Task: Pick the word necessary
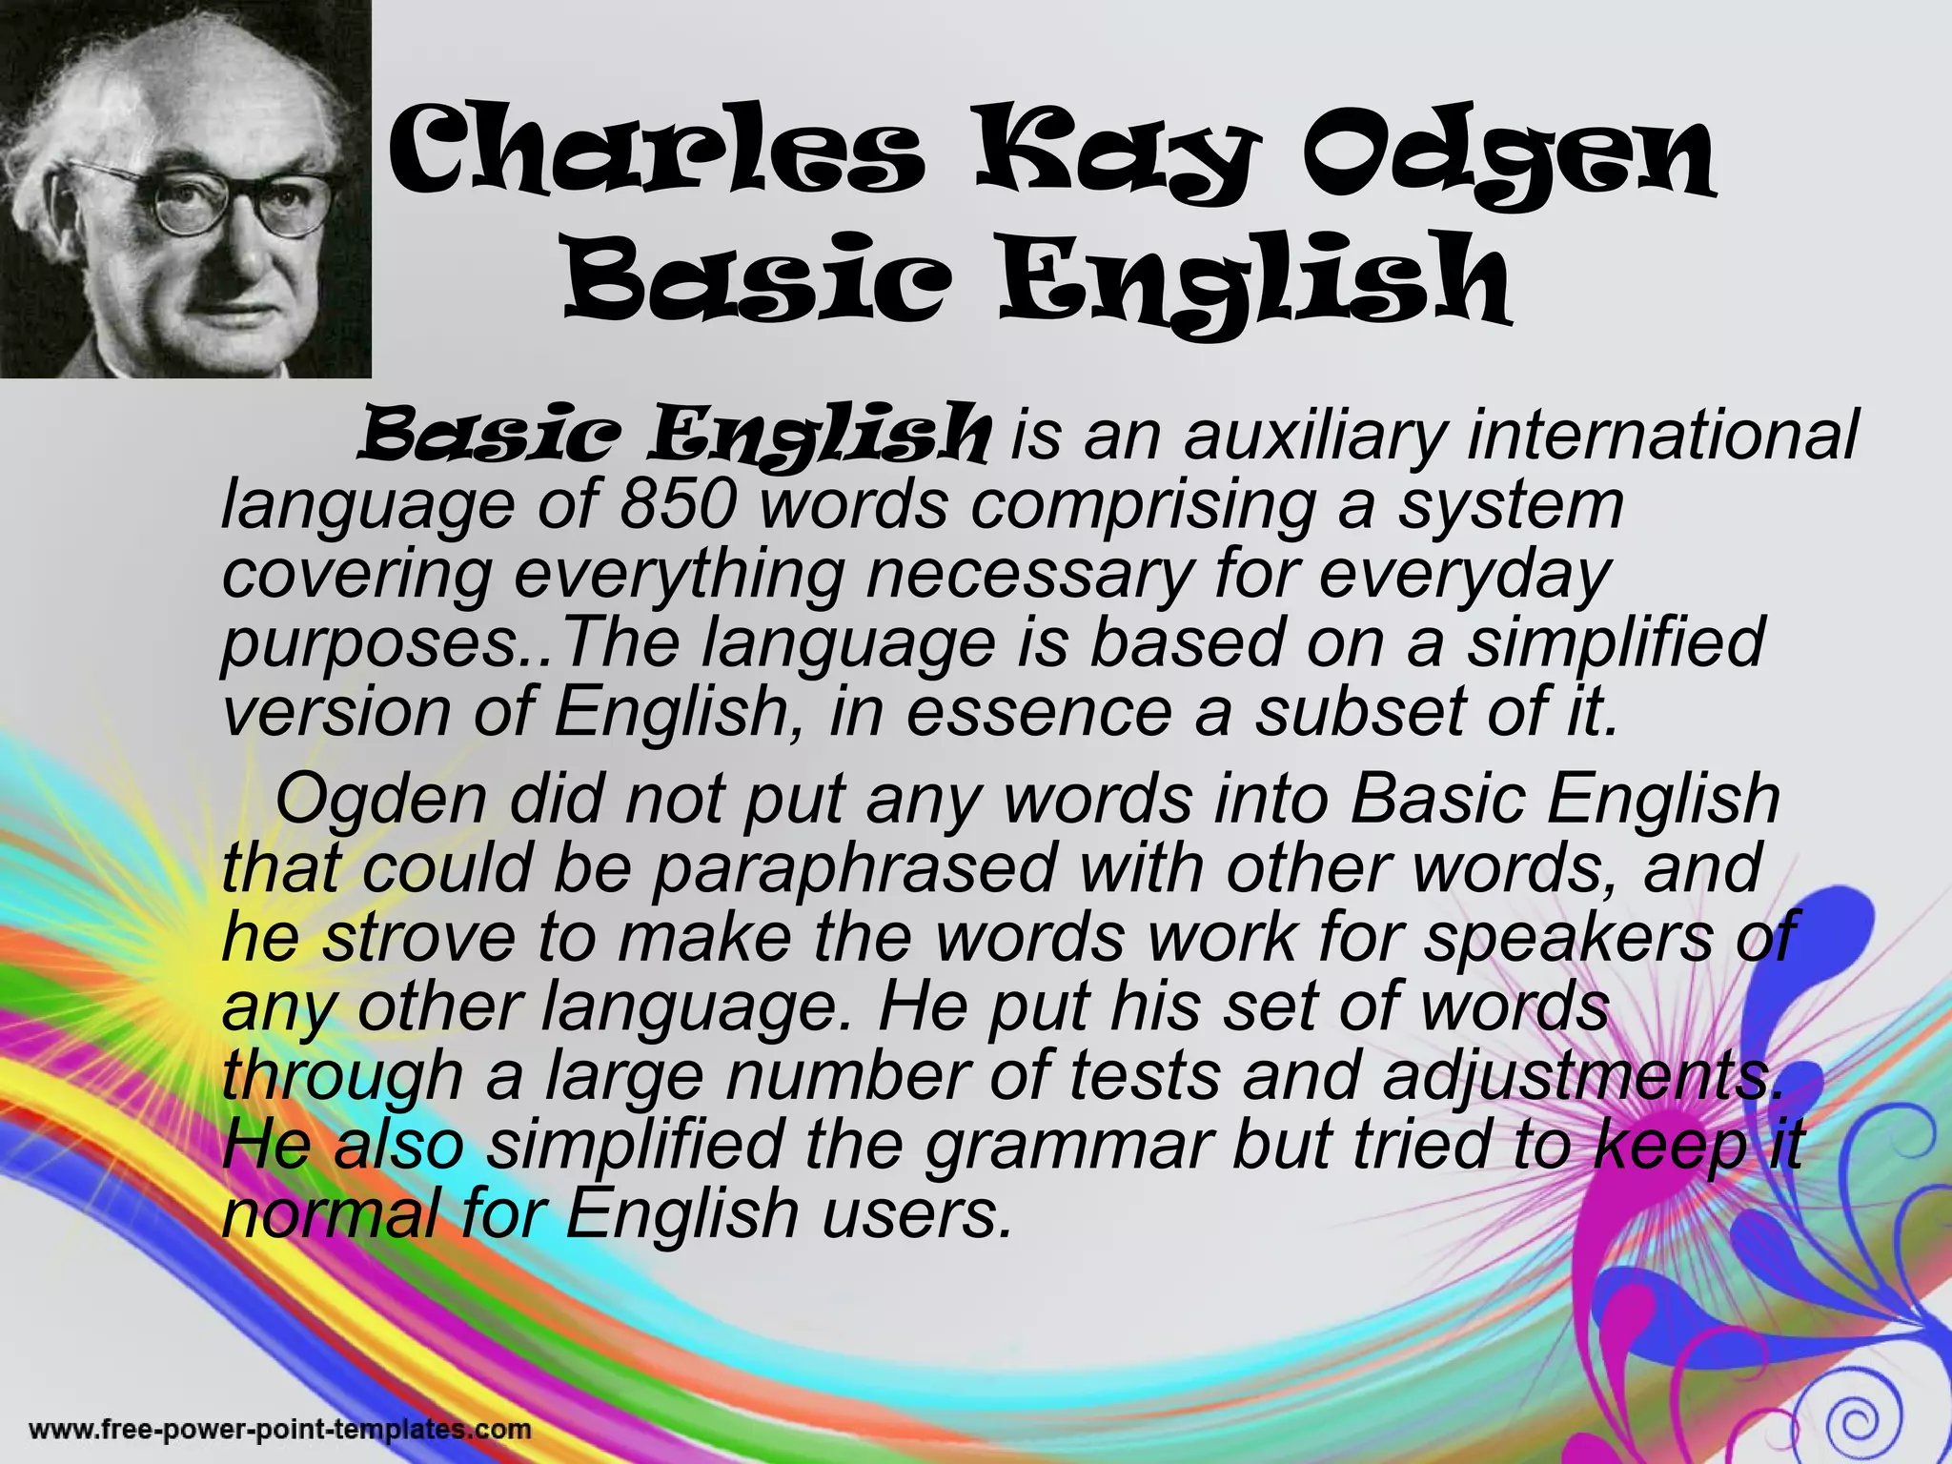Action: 1028,574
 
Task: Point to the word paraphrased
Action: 853,868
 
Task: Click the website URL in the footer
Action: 280,1429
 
